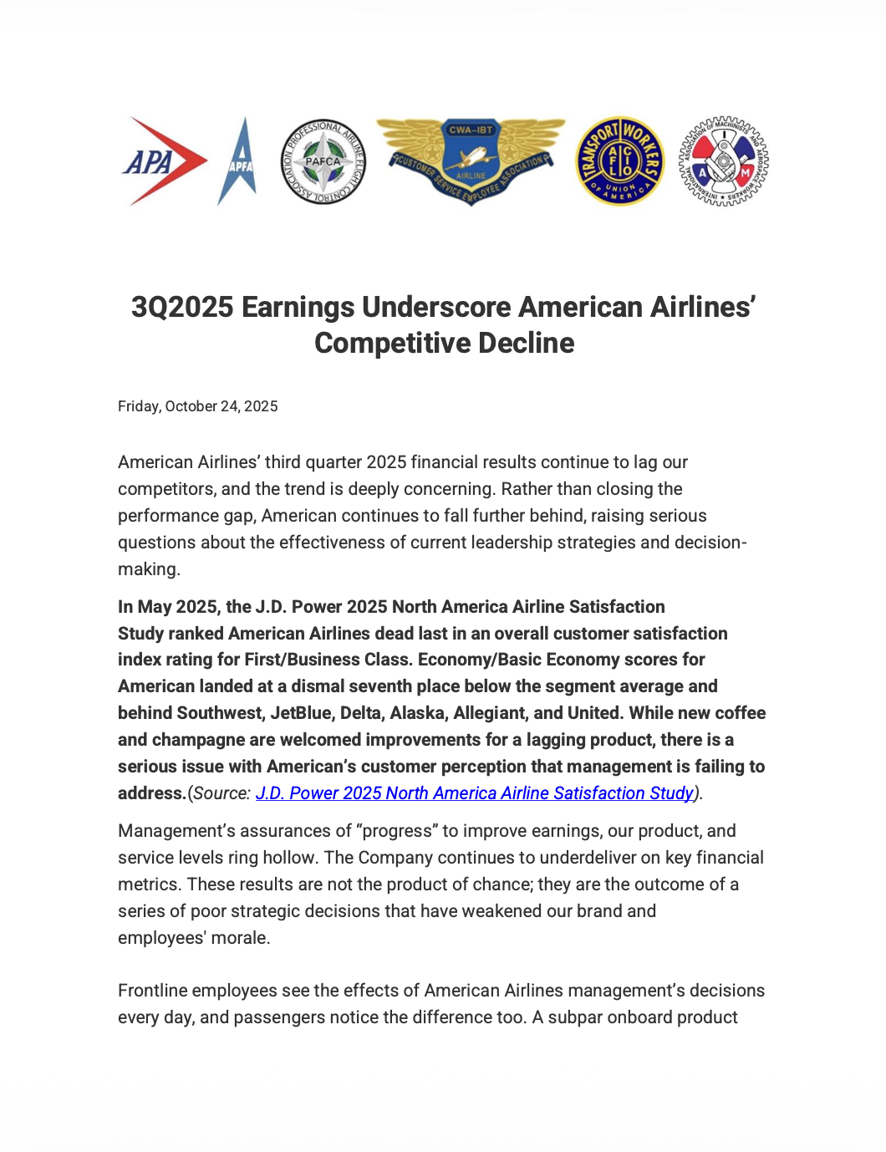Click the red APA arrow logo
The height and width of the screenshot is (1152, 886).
pyautogui.click(x=165, y=161)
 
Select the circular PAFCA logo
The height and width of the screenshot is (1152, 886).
pyautogui.click(x=323, y=161)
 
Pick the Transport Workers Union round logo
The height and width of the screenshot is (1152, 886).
pyautogui.click(x=620, y=161)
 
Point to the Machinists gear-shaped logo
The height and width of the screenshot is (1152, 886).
pyautogui.click(x=723, y=161)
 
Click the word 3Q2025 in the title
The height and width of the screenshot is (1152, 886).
pyautogui.click(x=182, y=307)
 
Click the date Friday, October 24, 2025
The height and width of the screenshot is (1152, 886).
pyautogui.click(x=197, y=406)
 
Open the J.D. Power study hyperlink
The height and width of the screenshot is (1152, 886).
pyautogui.click(x=474, y=793)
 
